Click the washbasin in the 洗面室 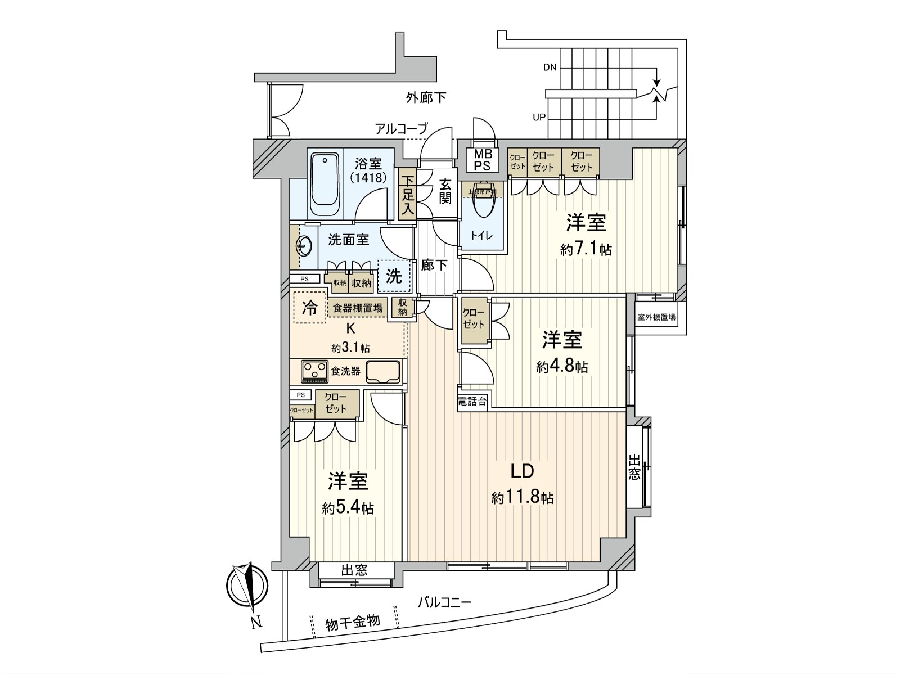304,246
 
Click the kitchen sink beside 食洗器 382,371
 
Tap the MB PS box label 482,160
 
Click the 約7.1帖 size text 586,249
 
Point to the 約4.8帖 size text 562,367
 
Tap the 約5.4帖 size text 348,508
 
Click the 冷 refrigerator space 309,307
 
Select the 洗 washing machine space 394,276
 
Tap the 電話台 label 472,402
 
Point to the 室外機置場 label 656,317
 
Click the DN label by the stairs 550,67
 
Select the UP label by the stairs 539,118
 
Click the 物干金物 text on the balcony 353,622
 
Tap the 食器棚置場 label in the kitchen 358,308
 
